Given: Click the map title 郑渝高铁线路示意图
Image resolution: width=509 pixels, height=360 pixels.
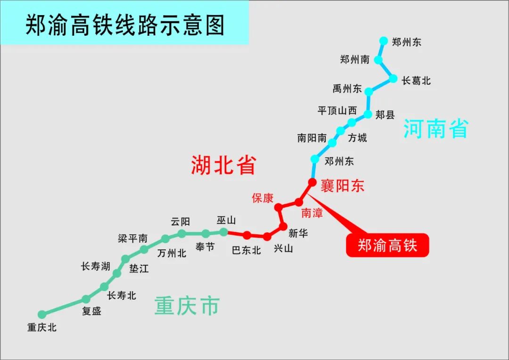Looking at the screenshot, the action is (x=124, y=25).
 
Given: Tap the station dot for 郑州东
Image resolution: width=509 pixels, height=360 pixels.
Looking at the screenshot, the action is (x=384, y=41).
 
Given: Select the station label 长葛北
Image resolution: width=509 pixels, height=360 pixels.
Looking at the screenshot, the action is (x=416, y=81).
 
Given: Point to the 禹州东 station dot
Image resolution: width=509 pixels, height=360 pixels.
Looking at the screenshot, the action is (x=369, y=91).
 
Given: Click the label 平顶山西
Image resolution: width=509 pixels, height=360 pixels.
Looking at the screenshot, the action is (x=337, y=111).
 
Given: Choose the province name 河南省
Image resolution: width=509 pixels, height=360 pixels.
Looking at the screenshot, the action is (x=436, y=128).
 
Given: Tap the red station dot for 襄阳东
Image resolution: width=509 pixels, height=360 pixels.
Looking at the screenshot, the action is (x=312, y=182).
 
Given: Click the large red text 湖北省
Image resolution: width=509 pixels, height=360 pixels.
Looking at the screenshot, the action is (x=223, y=165).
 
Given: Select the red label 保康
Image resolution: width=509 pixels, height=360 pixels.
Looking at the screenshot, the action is (x=263, y=198).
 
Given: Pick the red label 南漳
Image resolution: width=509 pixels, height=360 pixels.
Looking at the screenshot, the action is (x=312, y=213).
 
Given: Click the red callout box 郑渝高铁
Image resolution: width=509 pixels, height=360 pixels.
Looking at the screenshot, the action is (x=387, y=245).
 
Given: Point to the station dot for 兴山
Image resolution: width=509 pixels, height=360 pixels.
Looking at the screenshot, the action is (x=267, y=237).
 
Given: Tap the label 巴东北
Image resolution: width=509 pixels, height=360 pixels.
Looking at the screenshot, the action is (x=246, y=250).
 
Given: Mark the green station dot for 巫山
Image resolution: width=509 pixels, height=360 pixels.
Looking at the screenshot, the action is (x=224, y=232).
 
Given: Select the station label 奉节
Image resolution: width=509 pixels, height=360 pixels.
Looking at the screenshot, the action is (x=205, y=246).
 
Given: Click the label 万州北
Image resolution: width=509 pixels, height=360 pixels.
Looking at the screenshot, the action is (x=172, y=253).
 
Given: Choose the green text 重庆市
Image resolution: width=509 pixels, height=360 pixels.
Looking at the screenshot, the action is (x=187, y=306).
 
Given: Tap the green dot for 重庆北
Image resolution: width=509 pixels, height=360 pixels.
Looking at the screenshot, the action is (x=42, y=314).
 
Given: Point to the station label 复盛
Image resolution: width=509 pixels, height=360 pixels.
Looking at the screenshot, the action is (x=91, y=311).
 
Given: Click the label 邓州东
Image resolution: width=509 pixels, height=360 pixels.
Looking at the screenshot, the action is (x=339, y=161).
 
